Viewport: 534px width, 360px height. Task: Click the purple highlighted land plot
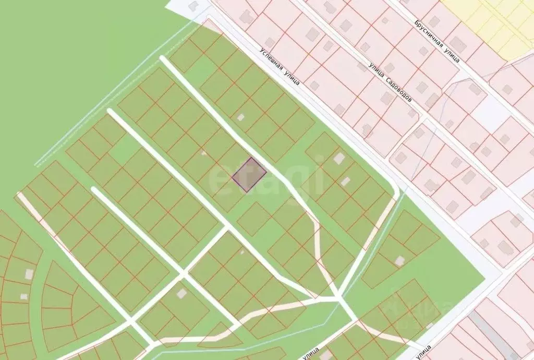249,175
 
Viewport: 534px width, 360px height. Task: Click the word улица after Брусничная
452,54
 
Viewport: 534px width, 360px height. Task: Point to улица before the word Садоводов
377,70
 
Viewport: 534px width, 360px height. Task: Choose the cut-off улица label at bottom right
423,352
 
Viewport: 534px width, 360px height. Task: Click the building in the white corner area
193,6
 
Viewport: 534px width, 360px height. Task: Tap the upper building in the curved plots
30,273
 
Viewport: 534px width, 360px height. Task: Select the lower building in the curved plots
23,296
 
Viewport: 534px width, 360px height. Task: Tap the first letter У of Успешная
262,51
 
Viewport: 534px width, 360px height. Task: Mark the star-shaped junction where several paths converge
337,298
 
